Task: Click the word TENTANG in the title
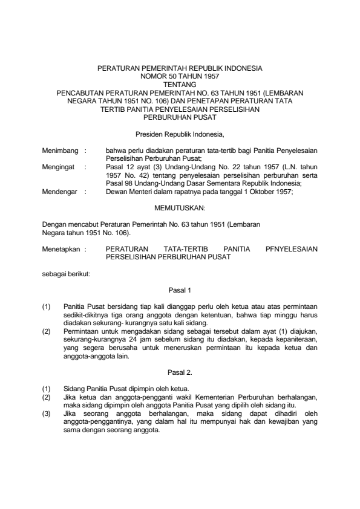click(x=180, y=85)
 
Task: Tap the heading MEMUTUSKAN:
click(x=180, y=209)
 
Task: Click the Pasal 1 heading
click(x=180, y=291)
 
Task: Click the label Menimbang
click(x=57, y=148)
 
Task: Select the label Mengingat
click(x=56, y=163)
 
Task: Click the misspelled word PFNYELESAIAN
click(x=291, y=248)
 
